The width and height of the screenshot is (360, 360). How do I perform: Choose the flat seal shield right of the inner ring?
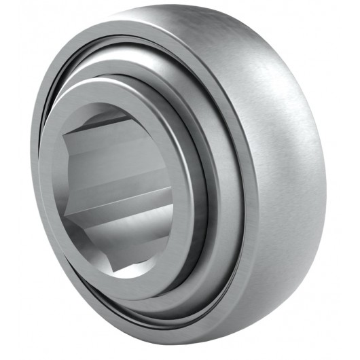tap(221, 197)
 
